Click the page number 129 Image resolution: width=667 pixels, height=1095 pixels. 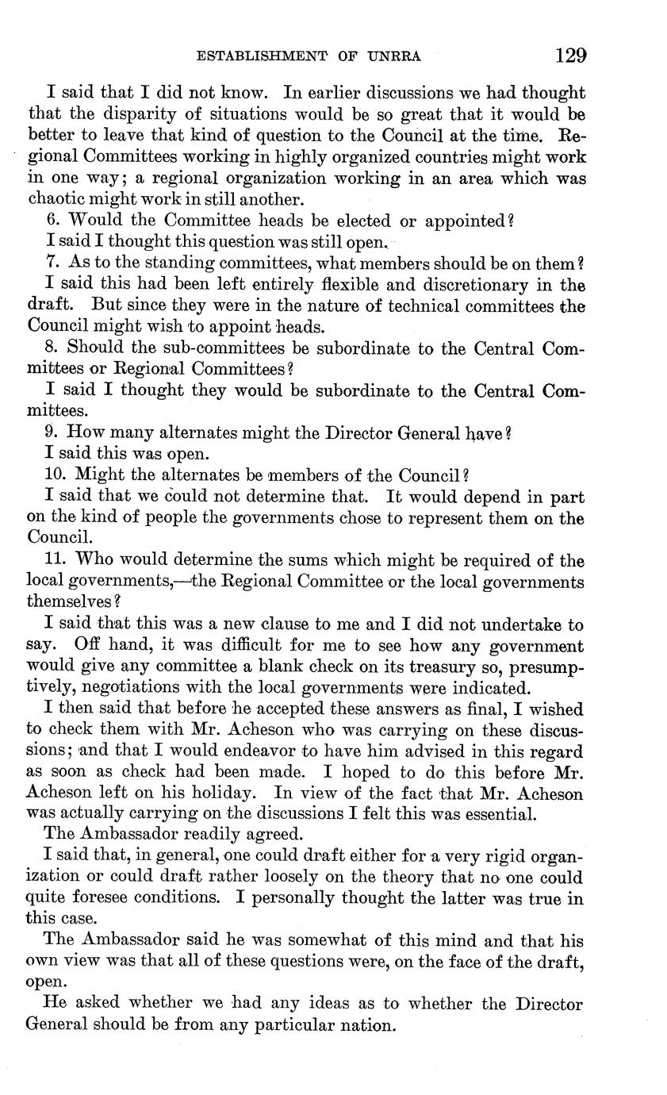coord(570,56)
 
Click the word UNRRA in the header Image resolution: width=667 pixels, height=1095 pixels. coord(393,56)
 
